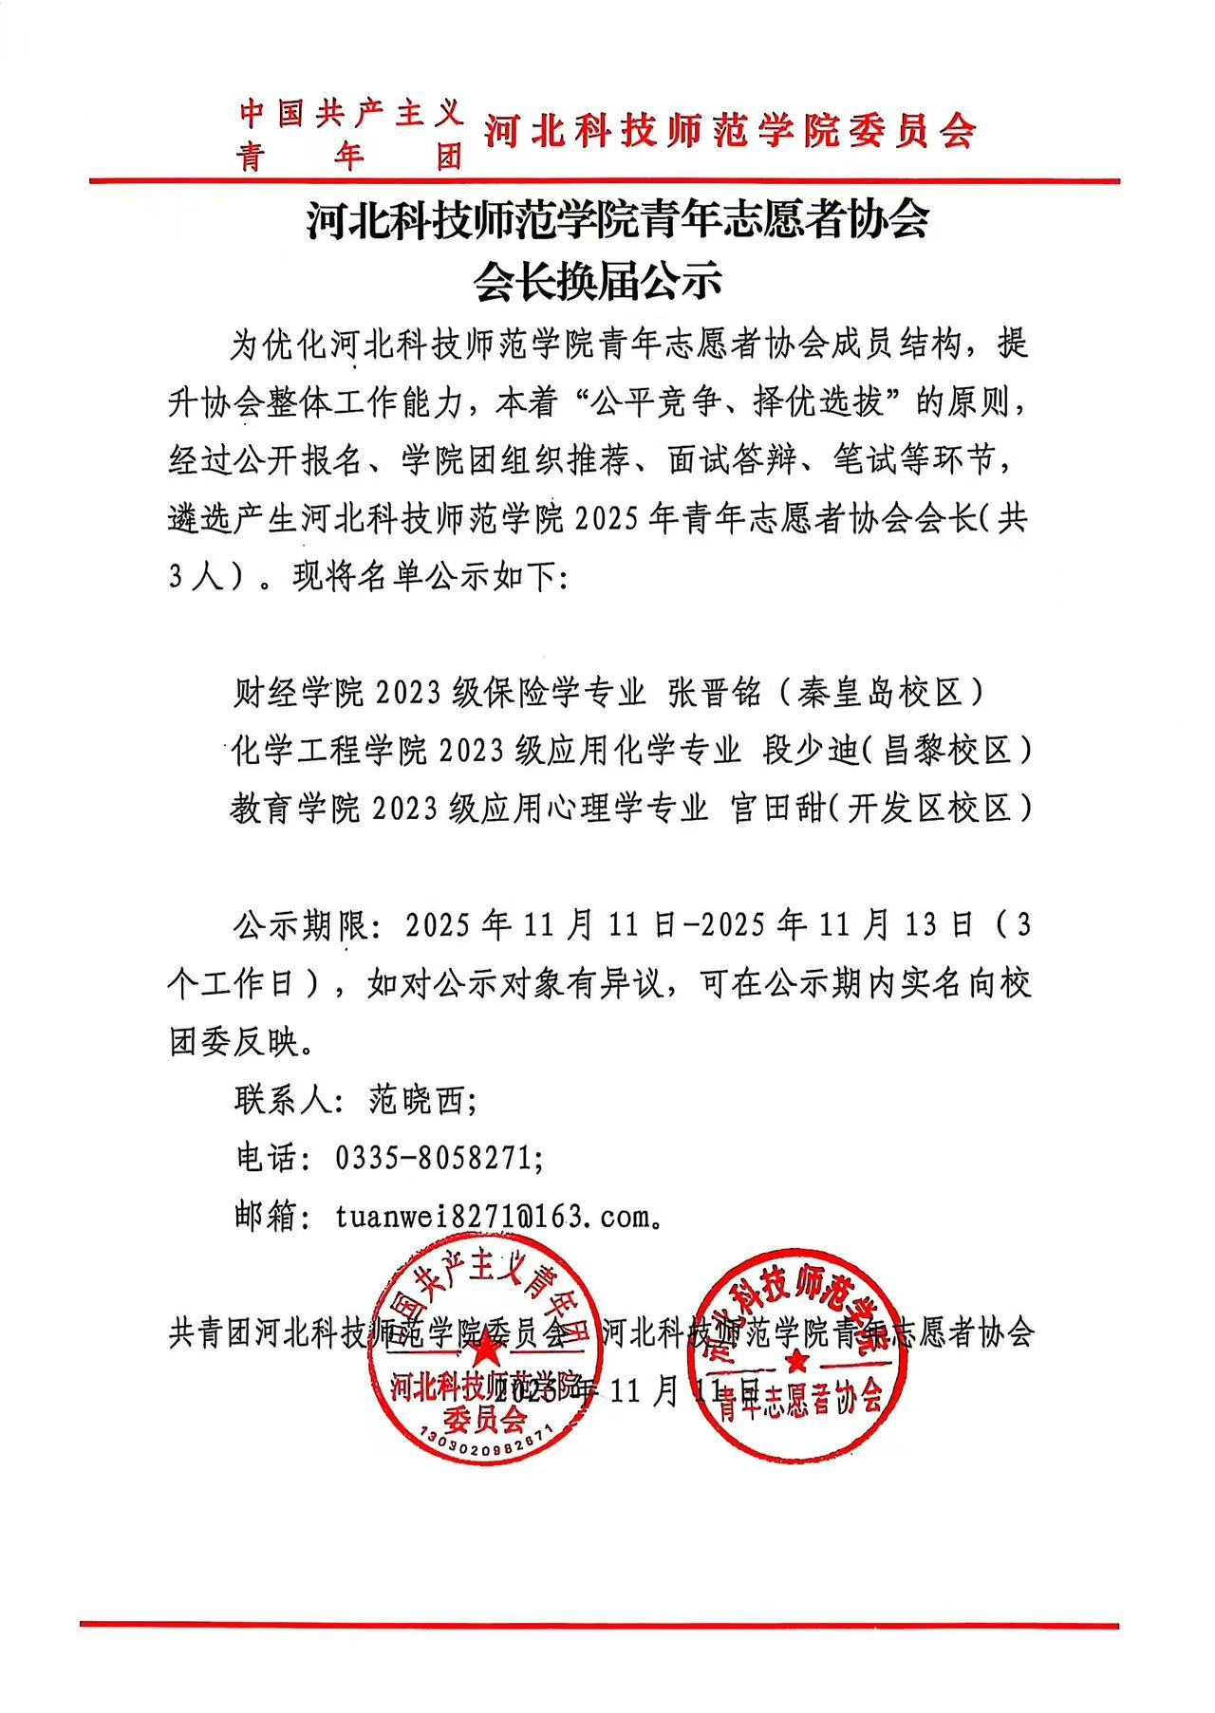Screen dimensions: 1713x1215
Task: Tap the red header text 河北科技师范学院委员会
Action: click(730, 132)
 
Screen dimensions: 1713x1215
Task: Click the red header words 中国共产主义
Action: click(351, 115)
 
